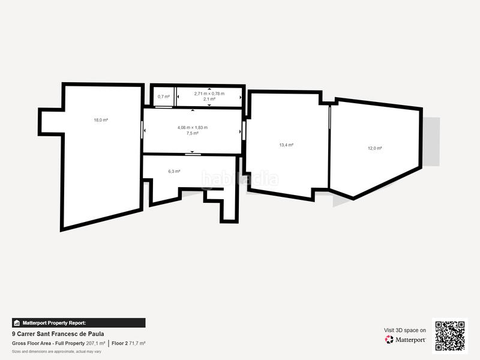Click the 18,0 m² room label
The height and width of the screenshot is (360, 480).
pos(100,120)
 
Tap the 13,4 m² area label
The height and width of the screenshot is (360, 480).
pos(286,145)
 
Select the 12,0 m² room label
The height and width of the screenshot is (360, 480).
pos(375,148)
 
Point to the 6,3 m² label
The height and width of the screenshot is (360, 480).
pos(174,172)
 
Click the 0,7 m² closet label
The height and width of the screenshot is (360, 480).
pos(163,97)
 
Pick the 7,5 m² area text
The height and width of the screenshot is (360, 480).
pos(192,133)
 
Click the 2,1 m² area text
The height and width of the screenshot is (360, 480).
pos(209,99)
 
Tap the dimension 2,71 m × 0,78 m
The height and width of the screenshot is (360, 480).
pos(209,94)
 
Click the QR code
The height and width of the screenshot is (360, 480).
pos(449,335)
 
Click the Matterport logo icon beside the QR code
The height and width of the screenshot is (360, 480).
pos(389,340)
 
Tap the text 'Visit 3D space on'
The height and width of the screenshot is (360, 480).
pos(405,330)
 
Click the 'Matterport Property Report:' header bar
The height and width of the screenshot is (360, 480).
pos(79,323)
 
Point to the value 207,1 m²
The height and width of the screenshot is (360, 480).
pos(96,343)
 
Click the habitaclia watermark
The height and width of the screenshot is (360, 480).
pos(240,178)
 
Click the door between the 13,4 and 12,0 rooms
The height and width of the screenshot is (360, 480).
pos(329,127)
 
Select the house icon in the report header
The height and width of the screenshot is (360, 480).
pos(17,323)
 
